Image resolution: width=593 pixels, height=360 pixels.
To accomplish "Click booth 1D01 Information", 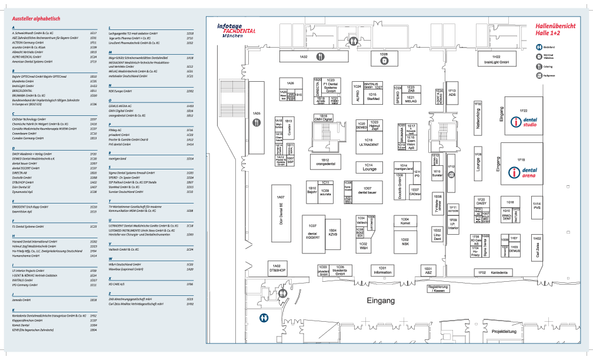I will (x=382, y=270).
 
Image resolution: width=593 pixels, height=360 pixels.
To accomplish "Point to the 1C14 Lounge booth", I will (x=369, y=167).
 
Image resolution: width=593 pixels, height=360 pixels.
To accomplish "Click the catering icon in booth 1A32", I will (x=319, y=57).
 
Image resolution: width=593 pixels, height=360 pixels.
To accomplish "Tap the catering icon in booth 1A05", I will (x=256, y=122).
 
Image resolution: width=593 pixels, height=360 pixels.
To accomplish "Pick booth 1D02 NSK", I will (x=405, y=241).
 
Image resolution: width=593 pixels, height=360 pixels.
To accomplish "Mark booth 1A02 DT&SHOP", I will (x=277, y=268).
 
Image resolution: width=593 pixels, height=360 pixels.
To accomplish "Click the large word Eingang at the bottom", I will (x=381, y=301).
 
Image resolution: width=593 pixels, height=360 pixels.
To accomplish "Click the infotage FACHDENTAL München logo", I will (x=236, y=31).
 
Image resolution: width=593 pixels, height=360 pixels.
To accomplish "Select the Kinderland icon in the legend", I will (x=539, y=47).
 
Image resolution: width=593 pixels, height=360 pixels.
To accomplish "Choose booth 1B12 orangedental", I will (x=325, y=161).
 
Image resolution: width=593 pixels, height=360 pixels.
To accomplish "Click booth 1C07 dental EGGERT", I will (x=312, y=231).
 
